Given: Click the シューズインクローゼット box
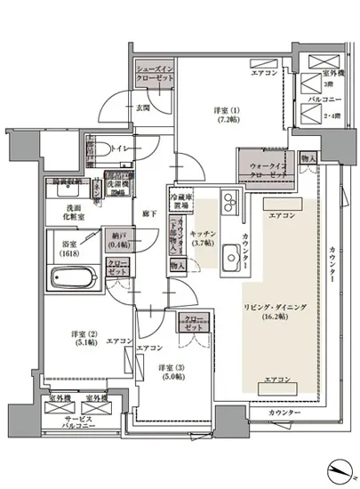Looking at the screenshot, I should click(152, 73).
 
